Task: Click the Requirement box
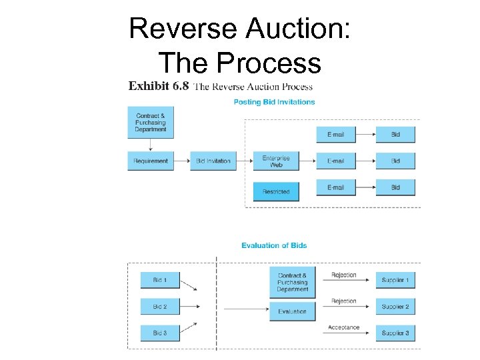pos(151,161)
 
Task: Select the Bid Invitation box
pos(213,161)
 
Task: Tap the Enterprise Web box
pos(276,161)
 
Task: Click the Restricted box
pos(276,191)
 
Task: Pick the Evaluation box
pos(293,311)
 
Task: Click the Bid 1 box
pos(160,280)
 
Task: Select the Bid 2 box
pos(160,307)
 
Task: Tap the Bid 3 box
pos(160,333)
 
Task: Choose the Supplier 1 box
pos(395,280)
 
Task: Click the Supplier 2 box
pos(395,307)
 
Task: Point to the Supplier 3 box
pos(395,333)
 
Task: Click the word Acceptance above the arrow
pos(344,327)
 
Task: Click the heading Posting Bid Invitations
pos(275,102)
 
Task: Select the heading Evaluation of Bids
pos(274,245)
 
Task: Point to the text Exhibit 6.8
pos(159,86)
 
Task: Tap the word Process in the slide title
pos(269,63)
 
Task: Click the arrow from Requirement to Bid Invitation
pos(181,161)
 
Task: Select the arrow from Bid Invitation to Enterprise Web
pos(245,161)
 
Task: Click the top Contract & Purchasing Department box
pos(151,122)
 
